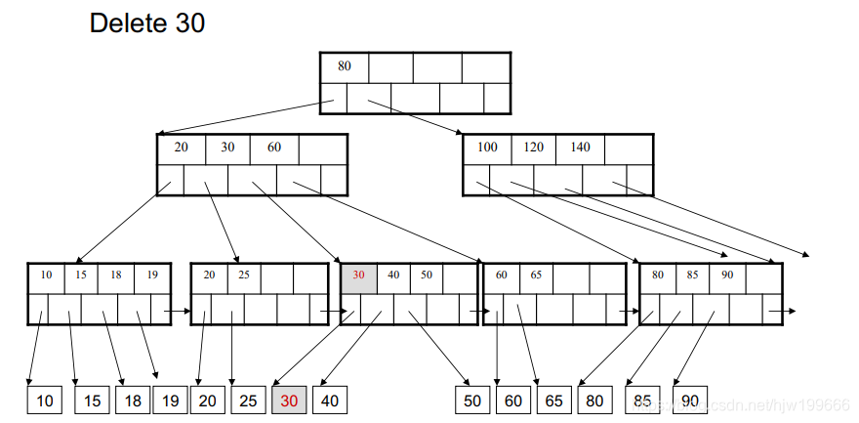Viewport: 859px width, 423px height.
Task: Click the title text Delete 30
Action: coord(147,23)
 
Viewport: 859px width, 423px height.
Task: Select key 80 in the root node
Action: coord(344,67)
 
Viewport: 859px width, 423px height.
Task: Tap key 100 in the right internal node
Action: coord(487,148)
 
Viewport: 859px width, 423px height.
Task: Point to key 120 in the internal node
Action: coord(533,148)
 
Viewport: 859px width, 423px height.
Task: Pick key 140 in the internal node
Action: coord(580,148)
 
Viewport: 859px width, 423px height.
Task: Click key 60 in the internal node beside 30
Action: coord(274,148)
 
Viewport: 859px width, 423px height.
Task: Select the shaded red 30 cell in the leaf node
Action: coord(358,276)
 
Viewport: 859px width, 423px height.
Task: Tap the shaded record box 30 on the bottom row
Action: coord(289,401)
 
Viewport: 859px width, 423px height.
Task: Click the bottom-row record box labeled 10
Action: coord(43,401)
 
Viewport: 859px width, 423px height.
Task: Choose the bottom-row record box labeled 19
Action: coord(169,401)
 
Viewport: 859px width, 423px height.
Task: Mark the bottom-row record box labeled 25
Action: coord(248,401)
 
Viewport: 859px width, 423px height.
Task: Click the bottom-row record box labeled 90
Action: coord(690,401)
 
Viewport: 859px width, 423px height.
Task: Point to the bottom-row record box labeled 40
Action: coord(330,401)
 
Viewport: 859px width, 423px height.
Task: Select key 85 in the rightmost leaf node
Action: coord(691,276)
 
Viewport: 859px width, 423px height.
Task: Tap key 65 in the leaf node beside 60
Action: coord(537,276)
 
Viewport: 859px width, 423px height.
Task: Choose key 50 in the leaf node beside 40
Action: coord(427,276)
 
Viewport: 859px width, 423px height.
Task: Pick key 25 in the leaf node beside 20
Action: coord(244,276)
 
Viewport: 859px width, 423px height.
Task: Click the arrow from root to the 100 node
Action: coord(415,115)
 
